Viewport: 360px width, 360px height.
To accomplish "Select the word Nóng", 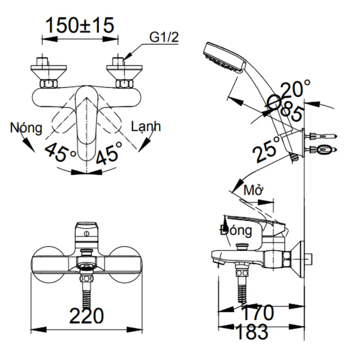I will click(27, 128).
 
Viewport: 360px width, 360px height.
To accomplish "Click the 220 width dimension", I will click(87, 316).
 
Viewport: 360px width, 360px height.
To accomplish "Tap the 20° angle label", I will click(296, 89).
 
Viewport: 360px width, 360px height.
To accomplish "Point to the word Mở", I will click(253, 190).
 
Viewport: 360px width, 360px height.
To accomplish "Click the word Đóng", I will click(236, 231).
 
